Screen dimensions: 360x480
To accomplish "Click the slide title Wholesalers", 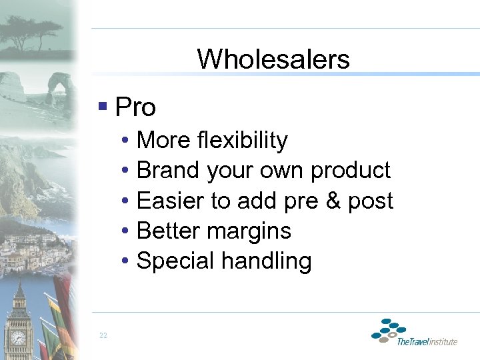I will tap(273, 59).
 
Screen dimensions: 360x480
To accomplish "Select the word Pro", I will tap(135, 107).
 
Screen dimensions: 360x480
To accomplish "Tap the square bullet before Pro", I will tap(102, 105).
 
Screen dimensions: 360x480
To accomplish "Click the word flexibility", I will tap(243, 141).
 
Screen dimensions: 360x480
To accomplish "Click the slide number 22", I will tap(103, 335).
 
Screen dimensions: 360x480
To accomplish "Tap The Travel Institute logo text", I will tap(427, 342).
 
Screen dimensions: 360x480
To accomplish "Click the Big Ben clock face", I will tap(19, 338).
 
